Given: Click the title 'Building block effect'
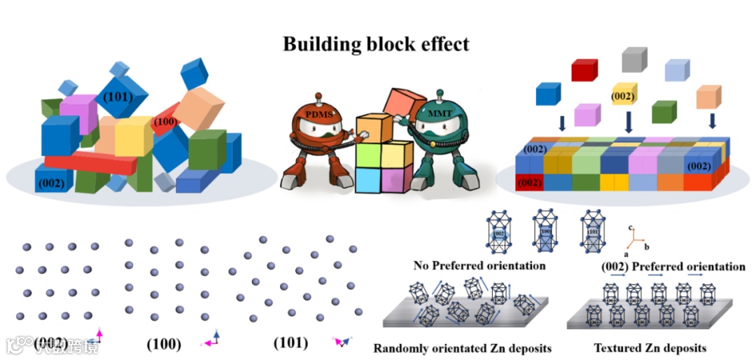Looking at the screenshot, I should click(376, 44).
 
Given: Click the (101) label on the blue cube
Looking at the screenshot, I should click(117, 97).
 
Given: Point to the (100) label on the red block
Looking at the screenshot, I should click(165, 122).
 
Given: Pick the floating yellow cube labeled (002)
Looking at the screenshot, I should click(623, 95).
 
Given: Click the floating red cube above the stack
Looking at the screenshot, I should click(584, 69).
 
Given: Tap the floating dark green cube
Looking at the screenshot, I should click(664, 111).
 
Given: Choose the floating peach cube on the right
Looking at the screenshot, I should click(708, 97).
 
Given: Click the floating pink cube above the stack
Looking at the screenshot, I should click(587, 113).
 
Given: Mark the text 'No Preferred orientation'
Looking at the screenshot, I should click(479, 265).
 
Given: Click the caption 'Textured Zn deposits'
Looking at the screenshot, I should click(650, 347).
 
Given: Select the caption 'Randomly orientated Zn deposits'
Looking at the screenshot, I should click(463, 347).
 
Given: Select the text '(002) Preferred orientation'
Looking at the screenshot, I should click(673, 266).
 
